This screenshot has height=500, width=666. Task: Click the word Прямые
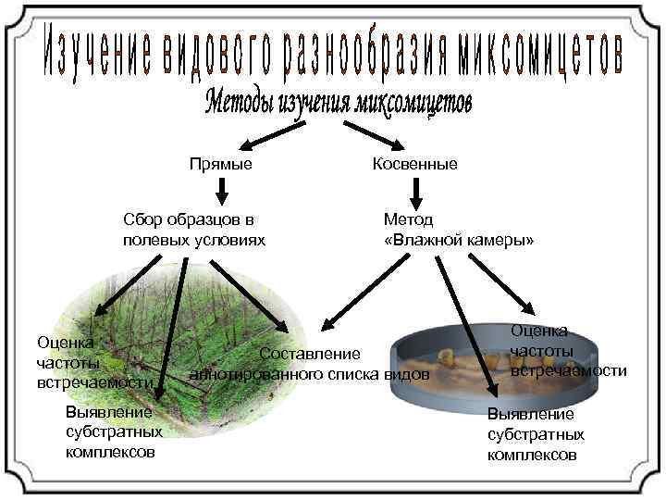220,164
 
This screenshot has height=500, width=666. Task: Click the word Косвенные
414,164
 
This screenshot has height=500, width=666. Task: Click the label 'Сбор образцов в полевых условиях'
194,230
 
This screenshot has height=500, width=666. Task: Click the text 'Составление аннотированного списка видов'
310,364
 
